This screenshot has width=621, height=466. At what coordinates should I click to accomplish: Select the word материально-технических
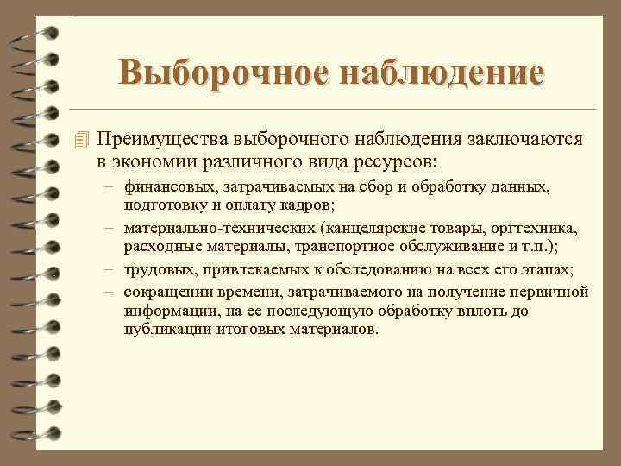(219, 229)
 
